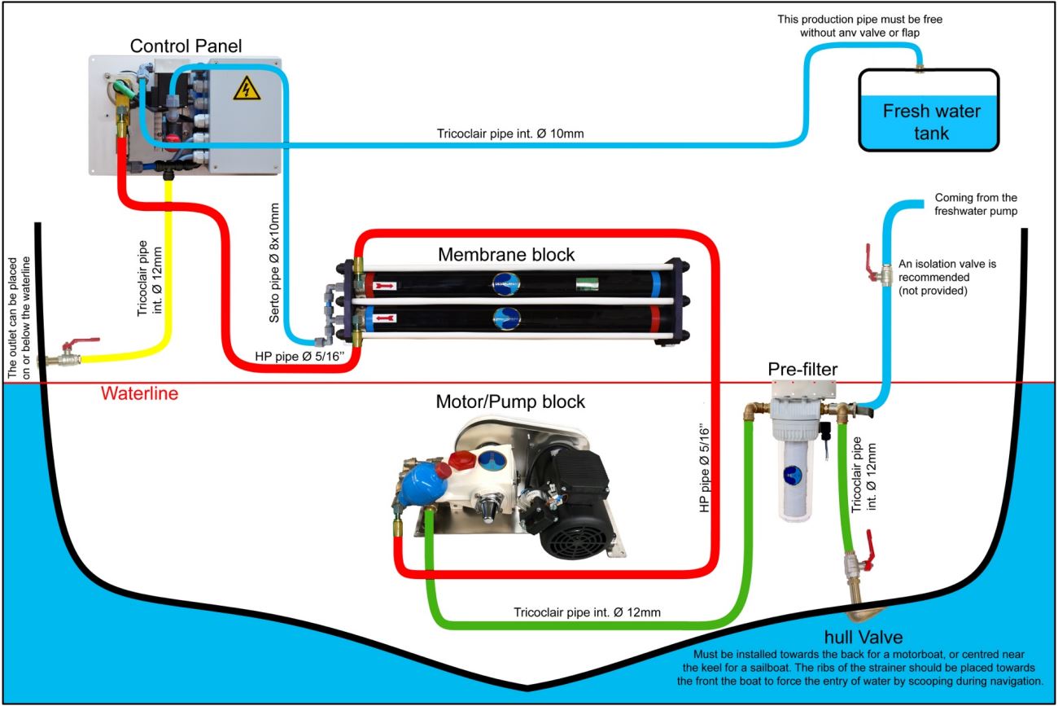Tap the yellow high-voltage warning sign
(246, 88)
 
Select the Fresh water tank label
(931, 121)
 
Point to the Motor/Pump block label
(510, 401)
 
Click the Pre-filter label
(802, 370)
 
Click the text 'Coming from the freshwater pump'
(976, 205)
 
